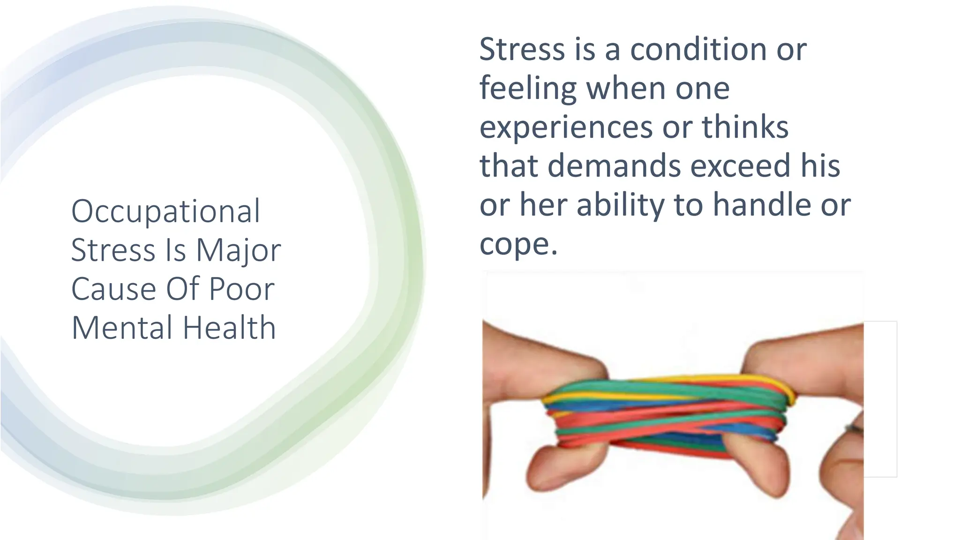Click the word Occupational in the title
tap(165, 212)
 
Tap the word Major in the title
tap(238, 250)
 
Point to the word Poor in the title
tap(241, 289)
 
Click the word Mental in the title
tap(122, 328)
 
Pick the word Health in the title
tap(229, 328)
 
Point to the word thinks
tap(745, 127)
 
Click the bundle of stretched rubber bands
tap(670, 412)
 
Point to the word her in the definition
tap(543, 205)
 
